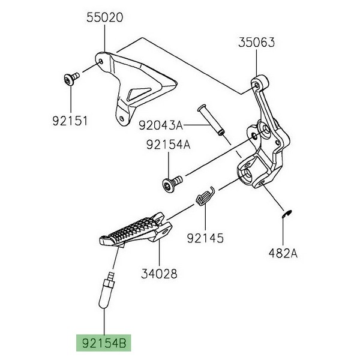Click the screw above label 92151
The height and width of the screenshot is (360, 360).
70,78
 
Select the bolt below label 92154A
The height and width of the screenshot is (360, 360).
170,184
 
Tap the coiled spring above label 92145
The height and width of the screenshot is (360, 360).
205,197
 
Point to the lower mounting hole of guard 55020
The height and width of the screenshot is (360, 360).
123,118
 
